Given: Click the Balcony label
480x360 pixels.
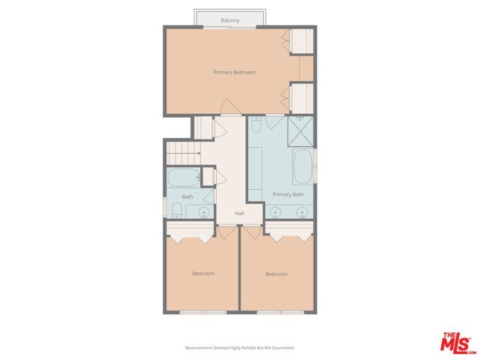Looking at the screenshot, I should [230, 20].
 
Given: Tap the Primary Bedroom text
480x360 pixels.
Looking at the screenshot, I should [234, 73].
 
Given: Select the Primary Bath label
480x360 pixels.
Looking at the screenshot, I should [288, 194].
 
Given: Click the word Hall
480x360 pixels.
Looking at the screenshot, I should [239, 214].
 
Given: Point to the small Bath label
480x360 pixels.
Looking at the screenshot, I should [187, 197].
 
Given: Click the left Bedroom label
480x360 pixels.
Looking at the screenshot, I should [202, 274].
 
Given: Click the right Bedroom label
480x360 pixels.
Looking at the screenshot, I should [276, 274].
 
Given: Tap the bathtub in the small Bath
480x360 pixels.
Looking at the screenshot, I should [182, 178].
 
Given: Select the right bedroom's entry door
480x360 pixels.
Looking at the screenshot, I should [250, 232].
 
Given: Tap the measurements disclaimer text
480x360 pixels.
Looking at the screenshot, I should [240, 348].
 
